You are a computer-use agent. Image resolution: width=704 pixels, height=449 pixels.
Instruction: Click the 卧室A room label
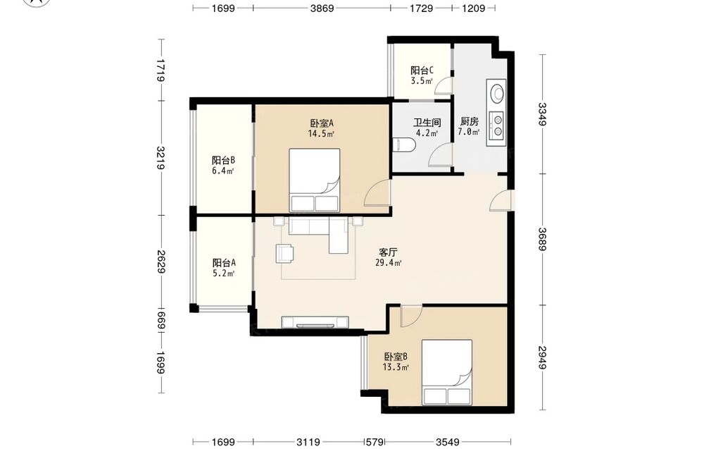322,123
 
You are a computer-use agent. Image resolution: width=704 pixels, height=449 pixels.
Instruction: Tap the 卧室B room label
396,357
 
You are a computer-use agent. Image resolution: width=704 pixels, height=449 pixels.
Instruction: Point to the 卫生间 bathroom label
427,122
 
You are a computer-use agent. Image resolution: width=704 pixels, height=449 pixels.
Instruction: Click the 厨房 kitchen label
469,121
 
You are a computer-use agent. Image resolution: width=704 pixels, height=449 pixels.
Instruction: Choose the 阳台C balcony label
422,70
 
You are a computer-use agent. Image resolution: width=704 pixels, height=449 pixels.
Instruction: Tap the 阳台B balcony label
224,161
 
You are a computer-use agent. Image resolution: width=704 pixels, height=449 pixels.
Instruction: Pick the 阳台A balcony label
224,263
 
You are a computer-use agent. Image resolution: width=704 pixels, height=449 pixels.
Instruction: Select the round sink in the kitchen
496,92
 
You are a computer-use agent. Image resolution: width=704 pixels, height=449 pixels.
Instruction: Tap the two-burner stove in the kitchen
498,125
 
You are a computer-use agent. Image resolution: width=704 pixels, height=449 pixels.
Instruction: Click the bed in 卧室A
314,180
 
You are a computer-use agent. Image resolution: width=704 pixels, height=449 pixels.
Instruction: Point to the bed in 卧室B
447,371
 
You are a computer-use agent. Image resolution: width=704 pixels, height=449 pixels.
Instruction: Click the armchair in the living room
284,253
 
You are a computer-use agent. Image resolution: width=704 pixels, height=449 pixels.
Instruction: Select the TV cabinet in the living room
315,322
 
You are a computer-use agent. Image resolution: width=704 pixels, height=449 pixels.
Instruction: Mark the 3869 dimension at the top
322,8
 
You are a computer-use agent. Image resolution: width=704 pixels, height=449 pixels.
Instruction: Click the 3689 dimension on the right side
542,239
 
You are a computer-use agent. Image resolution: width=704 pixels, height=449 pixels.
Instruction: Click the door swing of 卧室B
411,316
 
